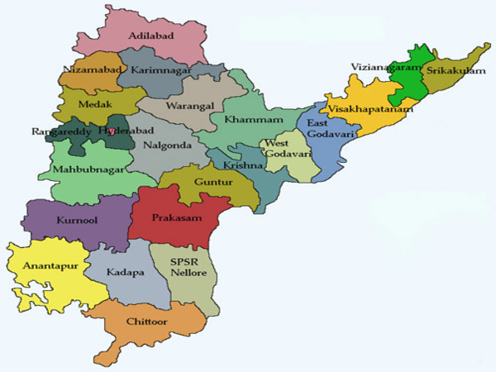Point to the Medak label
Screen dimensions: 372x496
click(93, 106)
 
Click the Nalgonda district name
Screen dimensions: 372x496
click(168, 145)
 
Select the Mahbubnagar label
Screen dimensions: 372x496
click(83, 170)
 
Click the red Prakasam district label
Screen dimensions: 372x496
click(175, 217)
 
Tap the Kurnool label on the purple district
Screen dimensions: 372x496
click(77, 222)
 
